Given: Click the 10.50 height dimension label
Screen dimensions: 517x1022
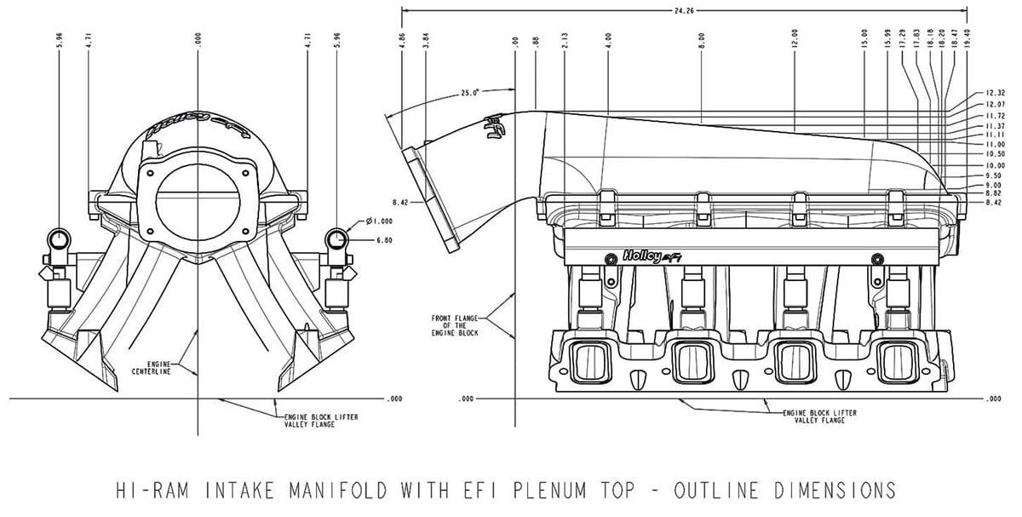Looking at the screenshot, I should point(995,154).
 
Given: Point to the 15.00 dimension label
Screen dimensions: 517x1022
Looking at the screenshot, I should point(864,41).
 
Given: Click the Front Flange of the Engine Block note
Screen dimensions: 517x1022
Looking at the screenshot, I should point(456,325).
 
